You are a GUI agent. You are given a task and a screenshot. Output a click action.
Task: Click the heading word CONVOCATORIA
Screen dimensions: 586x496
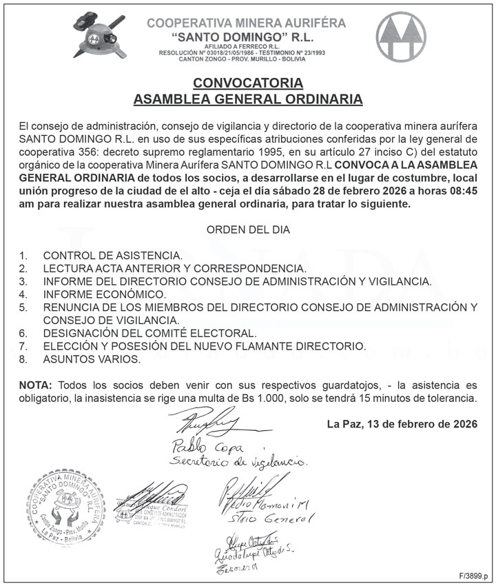247,83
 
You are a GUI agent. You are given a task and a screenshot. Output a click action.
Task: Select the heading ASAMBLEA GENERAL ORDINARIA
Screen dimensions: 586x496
247,99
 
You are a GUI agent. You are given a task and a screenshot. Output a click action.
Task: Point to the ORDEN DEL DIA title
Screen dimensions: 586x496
248,229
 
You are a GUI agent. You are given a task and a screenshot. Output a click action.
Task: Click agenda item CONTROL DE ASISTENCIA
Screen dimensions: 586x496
113,255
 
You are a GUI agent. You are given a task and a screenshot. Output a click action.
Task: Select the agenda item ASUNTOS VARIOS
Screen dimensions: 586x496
92,359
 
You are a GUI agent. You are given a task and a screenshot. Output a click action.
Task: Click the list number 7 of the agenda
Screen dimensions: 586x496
23,346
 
